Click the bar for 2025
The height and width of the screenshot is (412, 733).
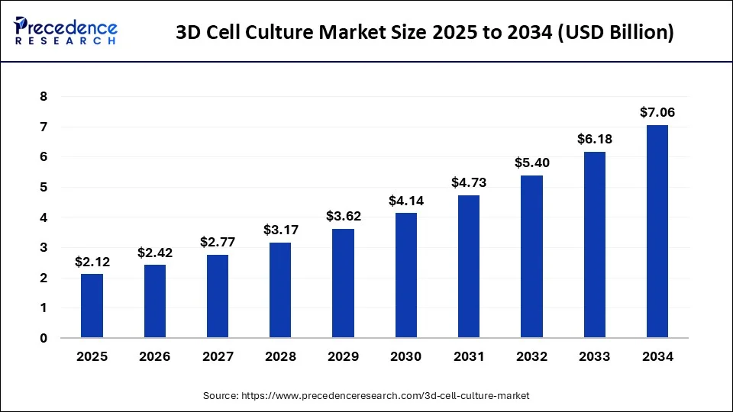92,305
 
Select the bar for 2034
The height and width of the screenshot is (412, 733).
657,231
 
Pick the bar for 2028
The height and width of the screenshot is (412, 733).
280,290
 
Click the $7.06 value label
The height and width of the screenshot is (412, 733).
657,113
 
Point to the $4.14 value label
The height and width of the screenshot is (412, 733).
406,201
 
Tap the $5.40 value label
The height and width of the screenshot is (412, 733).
531,163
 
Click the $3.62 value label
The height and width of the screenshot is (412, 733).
343,217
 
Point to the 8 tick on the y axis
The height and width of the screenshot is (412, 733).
44,97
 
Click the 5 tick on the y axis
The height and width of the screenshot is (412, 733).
44,188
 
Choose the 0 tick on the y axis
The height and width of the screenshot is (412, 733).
44,338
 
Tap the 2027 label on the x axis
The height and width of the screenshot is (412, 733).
218,356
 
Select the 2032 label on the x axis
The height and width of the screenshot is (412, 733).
531,356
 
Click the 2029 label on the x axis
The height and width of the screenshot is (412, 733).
343,356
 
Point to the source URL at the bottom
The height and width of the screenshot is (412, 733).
366,396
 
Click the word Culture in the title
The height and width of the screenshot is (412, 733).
279,34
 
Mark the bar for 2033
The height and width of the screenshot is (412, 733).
594,244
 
